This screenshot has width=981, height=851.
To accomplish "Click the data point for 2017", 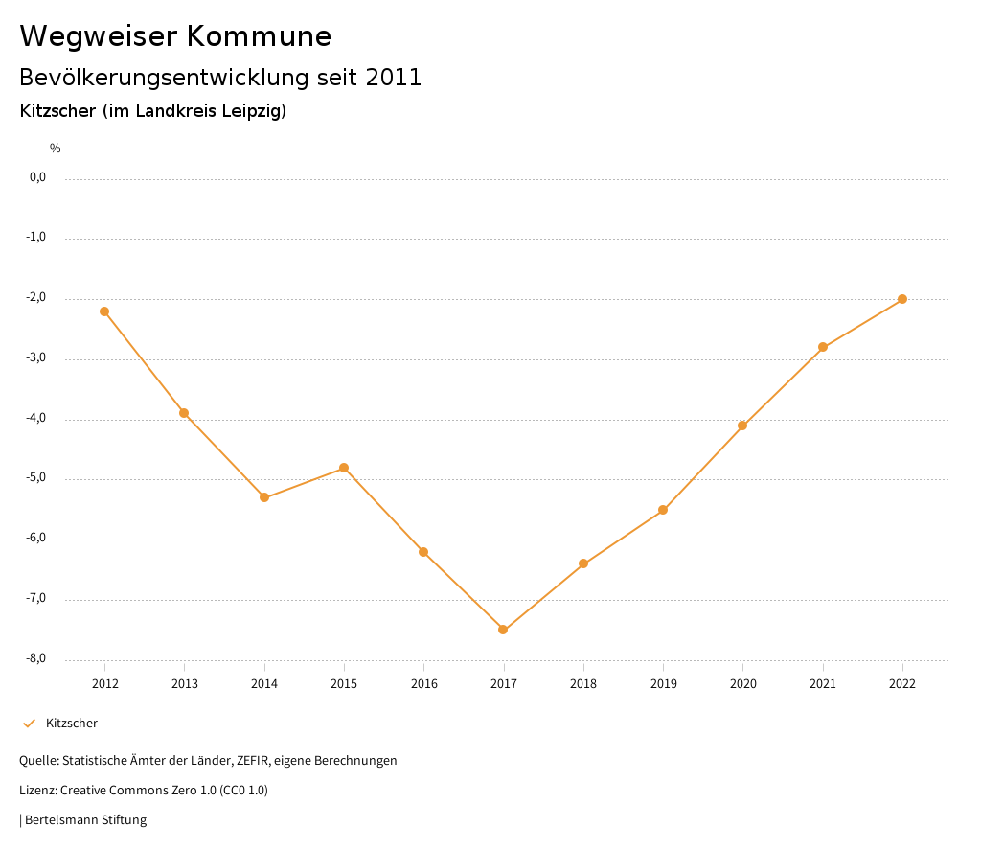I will pos(503,630).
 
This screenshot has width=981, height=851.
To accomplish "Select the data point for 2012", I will pos(104,311).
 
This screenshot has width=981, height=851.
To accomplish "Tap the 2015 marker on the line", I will pos(344,468).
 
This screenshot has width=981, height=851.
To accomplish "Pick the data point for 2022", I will pos(902,299).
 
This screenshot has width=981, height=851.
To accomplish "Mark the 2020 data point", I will pos(742,425).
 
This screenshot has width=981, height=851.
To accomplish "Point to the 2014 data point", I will pos(264,497).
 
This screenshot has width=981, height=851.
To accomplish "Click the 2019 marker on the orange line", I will pos(663,510).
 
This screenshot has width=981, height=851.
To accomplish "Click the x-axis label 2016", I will pos(423,684).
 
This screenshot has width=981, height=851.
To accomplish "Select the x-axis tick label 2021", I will pos(823,684).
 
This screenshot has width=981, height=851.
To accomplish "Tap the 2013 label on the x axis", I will pos(185,684).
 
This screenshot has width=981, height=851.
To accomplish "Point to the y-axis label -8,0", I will pos(36,659).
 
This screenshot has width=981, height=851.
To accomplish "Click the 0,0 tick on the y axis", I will pos(38,177).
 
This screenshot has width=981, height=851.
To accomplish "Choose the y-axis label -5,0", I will pos(36,478).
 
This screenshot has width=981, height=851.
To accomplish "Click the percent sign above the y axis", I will pos(56,149).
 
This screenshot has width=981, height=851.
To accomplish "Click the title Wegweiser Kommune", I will pos(175,36).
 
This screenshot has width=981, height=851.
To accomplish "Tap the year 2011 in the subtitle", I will pos(394,78).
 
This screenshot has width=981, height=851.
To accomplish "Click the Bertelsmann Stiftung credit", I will pos(85,820).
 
